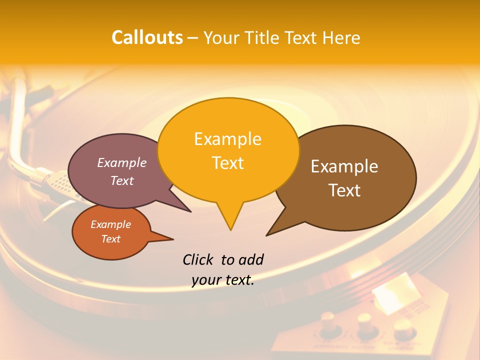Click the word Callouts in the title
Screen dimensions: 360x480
point(147,37)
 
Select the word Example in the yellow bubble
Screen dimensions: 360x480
point(227,139)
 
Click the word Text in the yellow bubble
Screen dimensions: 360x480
point(227,163)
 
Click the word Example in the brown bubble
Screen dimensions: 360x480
point(344,166)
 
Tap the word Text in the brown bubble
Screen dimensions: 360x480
point(344,190)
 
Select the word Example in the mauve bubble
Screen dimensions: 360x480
point(121,163)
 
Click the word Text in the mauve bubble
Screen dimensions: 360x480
point(121,180)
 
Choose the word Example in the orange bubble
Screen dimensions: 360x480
point(110,224)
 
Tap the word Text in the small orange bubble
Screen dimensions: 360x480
point(110,239)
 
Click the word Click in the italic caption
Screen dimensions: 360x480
point(199,259)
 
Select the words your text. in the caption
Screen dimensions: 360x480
point(223,280)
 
